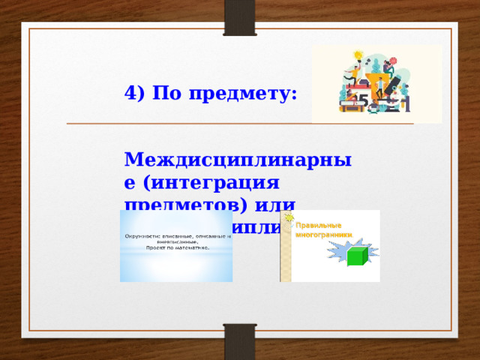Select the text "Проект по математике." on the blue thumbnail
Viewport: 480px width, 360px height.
point(175,247)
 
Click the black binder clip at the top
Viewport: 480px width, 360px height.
point(240,16)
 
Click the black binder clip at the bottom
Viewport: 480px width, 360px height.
point(240,341)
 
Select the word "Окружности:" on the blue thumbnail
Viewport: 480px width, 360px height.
point(139,237)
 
